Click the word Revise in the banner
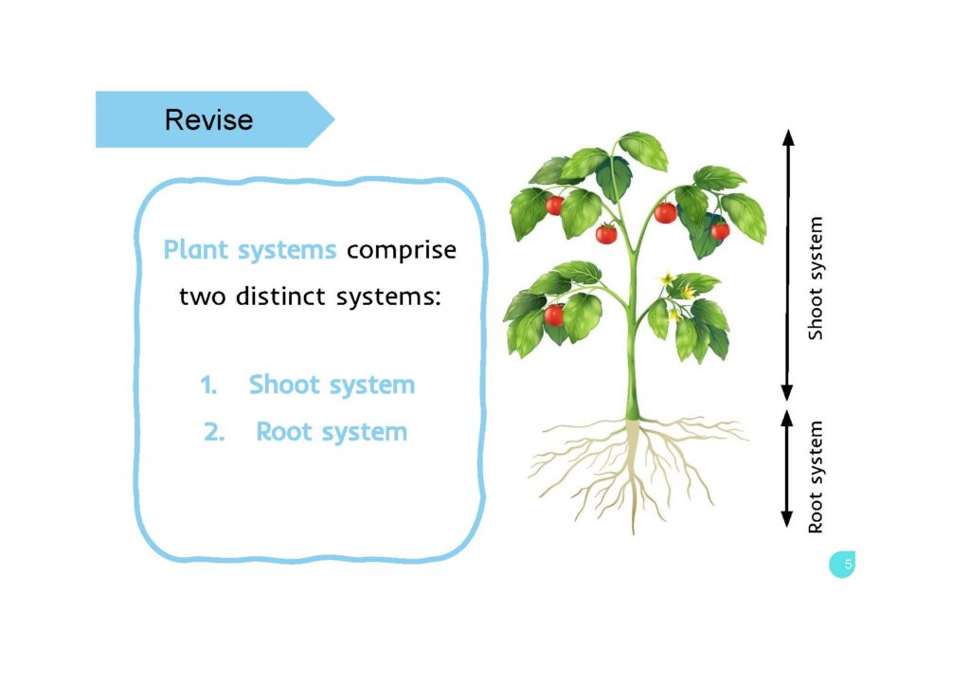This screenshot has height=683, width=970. pos(208,120)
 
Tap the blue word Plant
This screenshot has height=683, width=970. pos(196,250)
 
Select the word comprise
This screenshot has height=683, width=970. pos(401,251)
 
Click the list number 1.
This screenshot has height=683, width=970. pos(208,386)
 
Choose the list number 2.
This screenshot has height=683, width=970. pos(212,433)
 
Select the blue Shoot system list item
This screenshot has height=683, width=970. pos(332,386)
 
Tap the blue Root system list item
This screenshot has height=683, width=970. pos(332,433)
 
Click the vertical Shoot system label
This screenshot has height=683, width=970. pos(816,279)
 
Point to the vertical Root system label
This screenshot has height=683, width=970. pos(816,476)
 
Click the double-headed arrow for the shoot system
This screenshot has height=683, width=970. pos(786,265)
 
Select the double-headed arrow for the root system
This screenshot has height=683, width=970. pos(786,468)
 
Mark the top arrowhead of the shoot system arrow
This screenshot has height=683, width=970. pos(786,137)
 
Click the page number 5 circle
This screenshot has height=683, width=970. pos(842,565)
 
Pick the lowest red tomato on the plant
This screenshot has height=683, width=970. pos(554,315)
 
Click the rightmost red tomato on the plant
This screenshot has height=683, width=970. pos(720,230)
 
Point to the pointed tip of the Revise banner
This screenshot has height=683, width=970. pos(332,119)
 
